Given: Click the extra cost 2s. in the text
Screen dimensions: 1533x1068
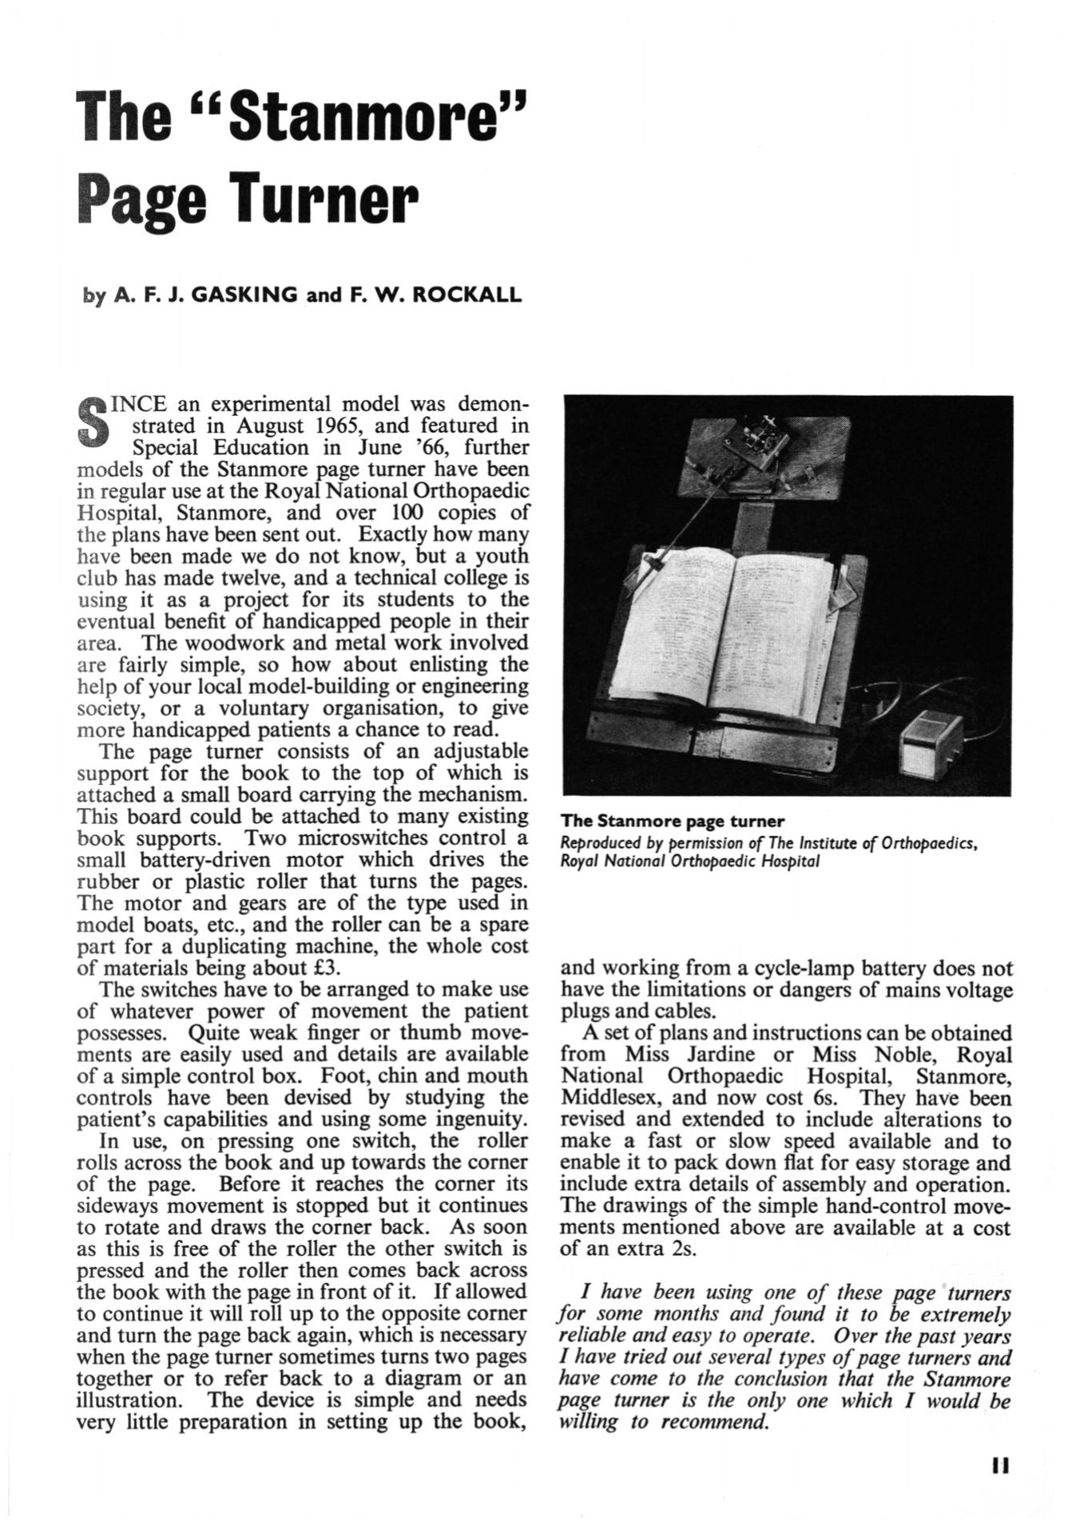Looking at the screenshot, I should pyautogui.click(x=680, y=1249).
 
